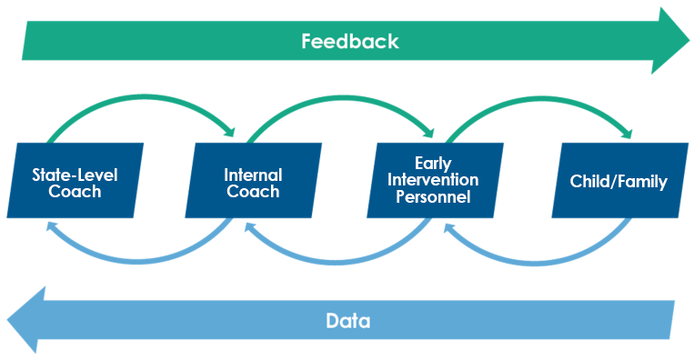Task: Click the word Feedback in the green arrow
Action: coord(350,41)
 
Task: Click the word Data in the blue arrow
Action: coord(348,321)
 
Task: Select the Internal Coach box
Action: coord(253,181)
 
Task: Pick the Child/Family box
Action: coord(619,181)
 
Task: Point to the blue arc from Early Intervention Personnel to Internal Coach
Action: coord(341,262)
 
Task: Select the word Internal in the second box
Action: coord(253,175)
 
